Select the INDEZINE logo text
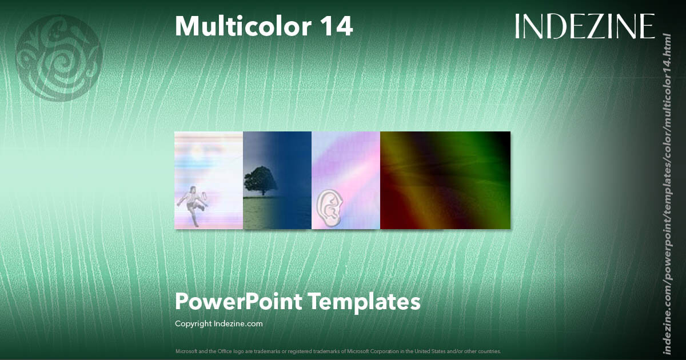pyautogui.click(x=585, y=26)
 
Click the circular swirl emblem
pyautogui.click(x=59, y=58)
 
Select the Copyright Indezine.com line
pyautogui.click(x=219, y=323)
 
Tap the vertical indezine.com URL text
pyautogui.click(x=666, y=194)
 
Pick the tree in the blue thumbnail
pyautogui.click(x=260, y=180)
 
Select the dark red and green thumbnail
pyautogui.click(x=445, y=180)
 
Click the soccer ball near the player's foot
pyautogui.click(x=205, y=199)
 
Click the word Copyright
pyautogui.click(x=193, y=323)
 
